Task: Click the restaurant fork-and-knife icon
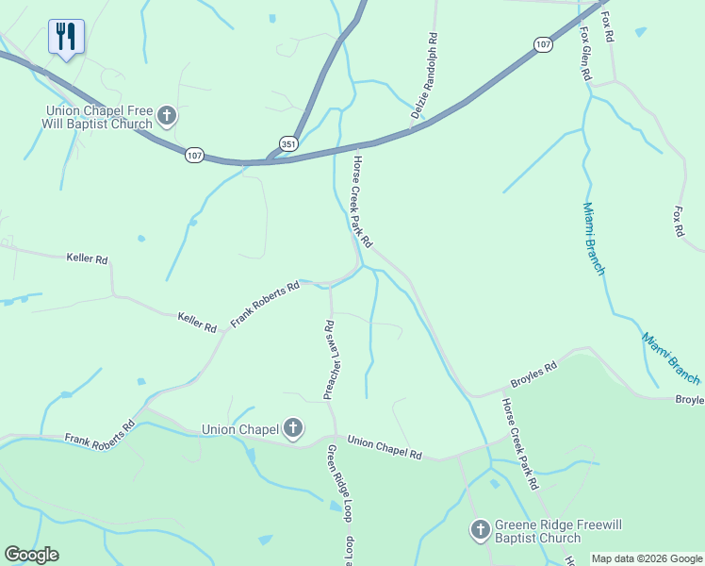[66, 36]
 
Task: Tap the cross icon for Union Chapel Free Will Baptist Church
[167, 115]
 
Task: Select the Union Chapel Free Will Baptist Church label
[99, 117]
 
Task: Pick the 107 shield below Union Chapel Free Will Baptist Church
[194, 155]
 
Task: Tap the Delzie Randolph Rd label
[424, 76]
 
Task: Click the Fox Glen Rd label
[585, 53]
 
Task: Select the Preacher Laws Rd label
[330, 360]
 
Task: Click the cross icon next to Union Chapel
[292, 429]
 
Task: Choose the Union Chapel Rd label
[385, 447]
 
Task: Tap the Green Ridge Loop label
[339, 483]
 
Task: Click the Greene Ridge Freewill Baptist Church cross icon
[480, 528]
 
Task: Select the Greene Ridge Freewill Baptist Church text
[538, 532]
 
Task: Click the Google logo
[31, 555]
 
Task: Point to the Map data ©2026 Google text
[646, 558]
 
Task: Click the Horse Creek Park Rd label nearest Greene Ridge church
[519, 443]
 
